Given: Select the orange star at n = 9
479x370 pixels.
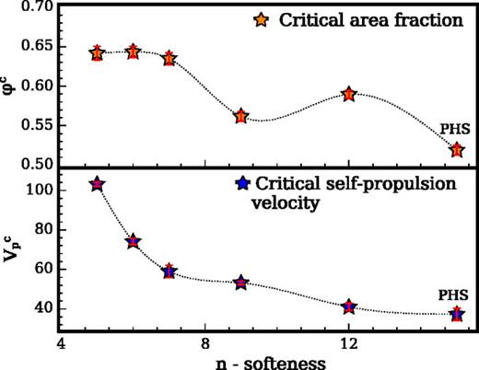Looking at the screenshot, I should click(241, 116).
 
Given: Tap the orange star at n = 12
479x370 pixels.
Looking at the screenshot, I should click(349, 94).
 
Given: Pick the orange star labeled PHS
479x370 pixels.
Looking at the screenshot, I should click(457, 149).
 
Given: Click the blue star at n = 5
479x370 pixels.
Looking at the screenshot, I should click(97, 184).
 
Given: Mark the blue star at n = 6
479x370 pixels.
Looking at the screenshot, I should click(133, 241).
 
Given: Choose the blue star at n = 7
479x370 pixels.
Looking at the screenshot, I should click(169, 272).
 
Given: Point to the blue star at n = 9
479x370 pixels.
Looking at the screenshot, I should click(241, 283).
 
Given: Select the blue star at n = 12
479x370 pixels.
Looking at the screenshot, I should click(349, 306).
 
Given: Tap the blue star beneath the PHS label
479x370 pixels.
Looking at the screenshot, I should click(457, 315).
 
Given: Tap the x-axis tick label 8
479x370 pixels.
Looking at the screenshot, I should click(204, 343).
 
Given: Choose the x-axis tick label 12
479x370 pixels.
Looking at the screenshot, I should click(349, 343).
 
